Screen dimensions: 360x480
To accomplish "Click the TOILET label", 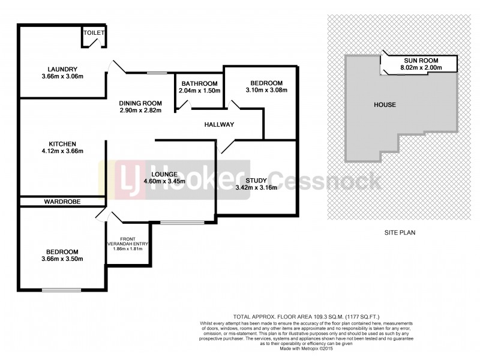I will [x=94, y=33].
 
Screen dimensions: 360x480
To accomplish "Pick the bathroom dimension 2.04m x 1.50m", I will [x=199, y=91].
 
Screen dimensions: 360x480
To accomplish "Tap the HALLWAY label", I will [x=218, y=124].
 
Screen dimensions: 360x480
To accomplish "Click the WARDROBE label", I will [x=62, y=202].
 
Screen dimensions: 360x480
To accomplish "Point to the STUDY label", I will [x=256, y=179].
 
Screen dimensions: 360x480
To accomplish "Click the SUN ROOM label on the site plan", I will [x=421, y=61].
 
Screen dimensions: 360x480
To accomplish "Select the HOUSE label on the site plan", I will [x=385, y=104].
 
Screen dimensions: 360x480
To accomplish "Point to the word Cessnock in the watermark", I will [x=323, y=181].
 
